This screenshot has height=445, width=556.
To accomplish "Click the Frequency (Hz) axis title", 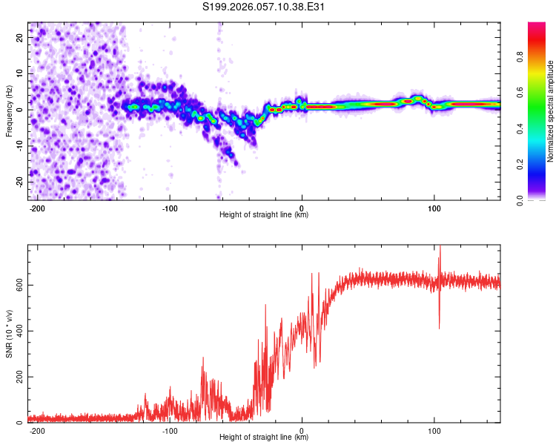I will (9, 111).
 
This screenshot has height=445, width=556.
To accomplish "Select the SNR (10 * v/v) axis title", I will (9, 334).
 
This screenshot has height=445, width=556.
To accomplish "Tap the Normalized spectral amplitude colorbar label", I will (551, 111).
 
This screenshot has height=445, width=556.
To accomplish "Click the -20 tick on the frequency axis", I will (19, 182).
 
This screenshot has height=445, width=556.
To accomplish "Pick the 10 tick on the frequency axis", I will (20, 73).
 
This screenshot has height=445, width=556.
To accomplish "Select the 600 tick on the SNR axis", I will (16, 285).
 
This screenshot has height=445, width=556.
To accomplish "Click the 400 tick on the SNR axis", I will (16, 331).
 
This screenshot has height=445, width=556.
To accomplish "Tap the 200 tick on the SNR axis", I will (16, 377).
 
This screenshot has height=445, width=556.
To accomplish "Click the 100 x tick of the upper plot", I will (434, 207).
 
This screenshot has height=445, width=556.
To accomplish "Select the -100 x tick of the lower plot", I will (170, 429).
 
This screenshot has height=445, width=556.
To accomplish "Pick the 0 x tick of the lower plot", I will (302, 429).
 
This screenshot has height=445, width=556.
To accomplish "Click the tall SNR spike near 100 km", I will (440, 252).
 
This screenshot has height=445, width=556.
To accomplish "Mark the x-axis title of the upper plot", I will (264, 215).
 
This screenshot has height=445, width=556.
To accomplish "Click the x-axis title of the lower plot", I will (264, 438).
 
